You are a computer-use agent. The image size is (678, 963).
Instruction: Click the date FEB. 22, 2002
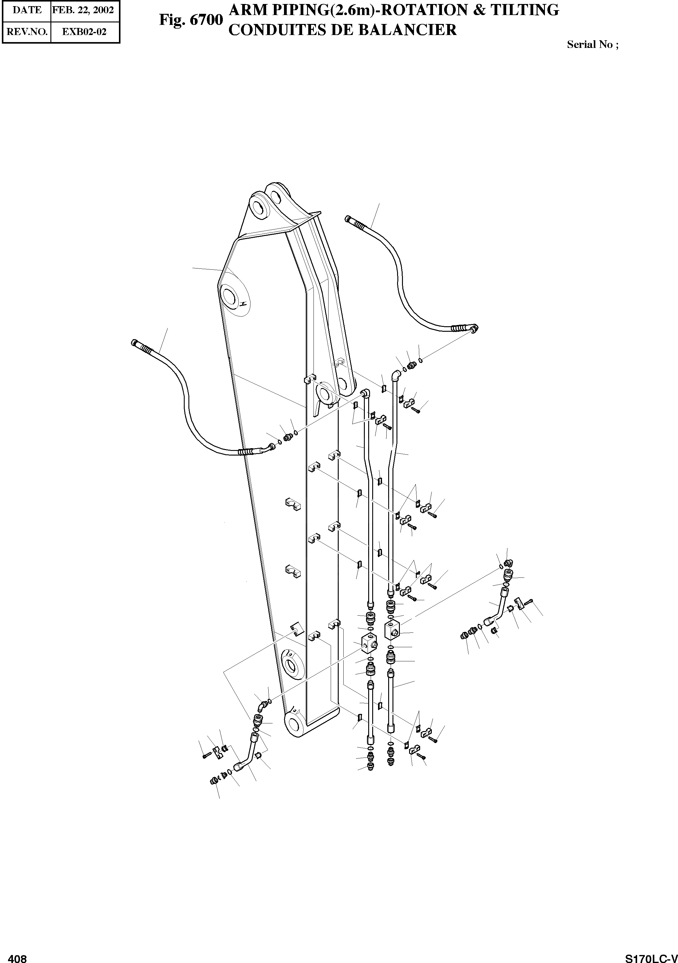click(x=85, y=10)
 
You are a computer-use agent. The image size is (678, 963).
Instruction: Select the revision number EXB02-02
click(x=85, y=32)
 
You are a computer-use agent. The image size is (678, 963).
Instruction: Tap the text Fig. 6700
click(x=190, y=20)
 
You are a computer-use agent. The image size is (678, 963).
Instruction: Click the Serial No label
click(x=592, y=45)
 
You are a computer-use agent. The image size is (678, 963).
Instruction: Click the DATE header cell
click(x=26, y=10)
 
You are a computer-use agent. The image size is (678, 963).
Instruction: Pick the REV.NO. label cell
click(x=26, y=32)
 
